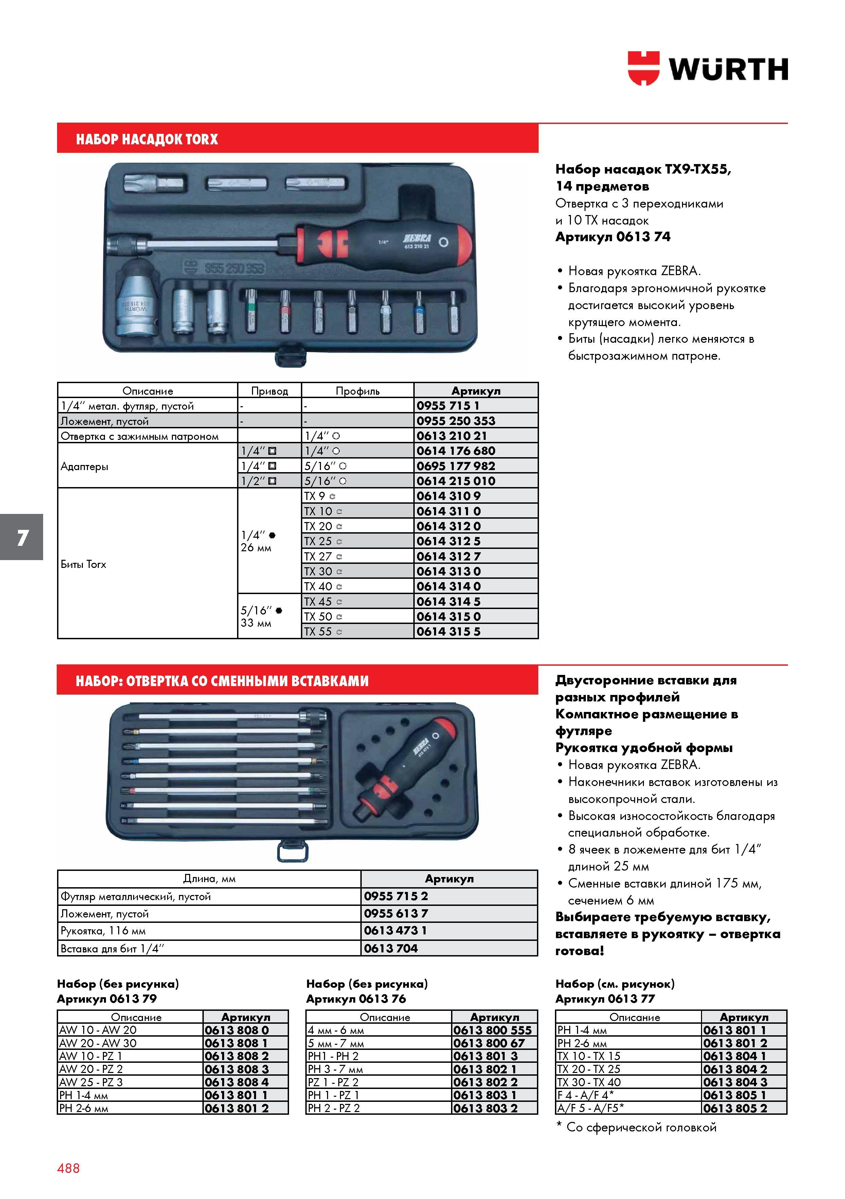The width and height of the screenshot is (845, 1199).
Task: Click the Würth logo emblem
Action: (x=643, y=68)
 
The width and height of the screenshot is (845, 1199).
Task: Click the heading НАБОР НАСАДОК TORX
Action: (x=147, y=139)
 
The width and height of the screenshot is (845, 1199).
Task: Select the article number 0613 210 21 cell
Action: (x=476, y=435)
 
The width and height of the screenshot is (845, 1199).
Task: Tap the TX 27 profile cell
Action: (x=358, y=556)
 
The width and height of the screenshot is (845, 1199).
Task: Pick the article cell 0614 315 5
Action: (x=476, y=631)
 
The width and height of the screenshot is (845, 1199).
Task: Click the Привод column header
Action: (x=269, y=391)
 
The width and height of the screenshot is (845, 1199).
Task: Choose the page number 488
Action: (x=68, y=1168)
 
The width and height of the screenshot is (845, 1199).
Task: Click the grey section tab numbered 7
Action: (x=21, y=537)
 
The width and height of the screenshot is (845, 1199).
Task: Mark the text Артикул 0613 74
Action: (x=613, y=237)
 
